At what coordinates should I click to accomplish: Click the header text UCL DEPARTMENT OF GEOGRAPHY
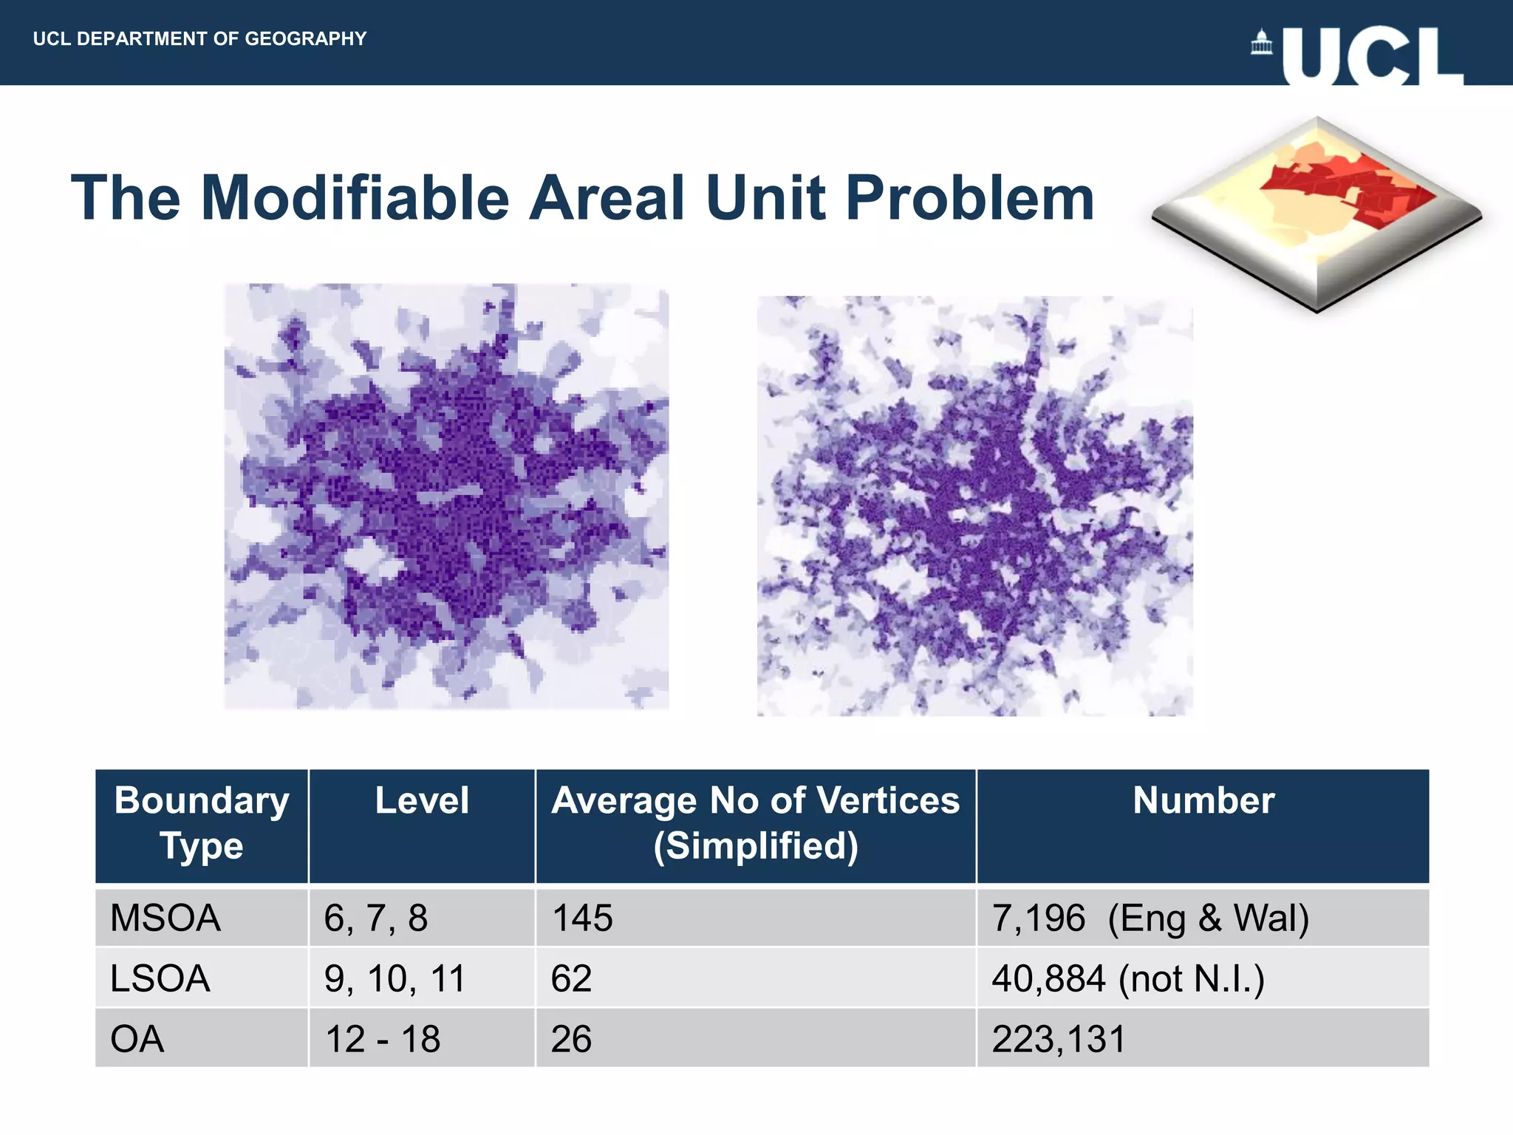[199, 38]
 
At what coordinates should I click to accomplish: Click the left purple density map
[446, 496]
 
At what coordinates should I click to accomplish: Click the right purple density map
[974, 505]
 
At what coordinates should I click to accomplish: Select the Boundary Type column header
[201, 823]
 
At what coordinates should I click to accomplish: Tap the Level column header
[421, 801]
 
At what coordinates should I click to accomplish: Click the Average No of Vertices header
[755, 823]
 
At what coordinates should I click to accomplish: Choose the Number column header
[1203, 801]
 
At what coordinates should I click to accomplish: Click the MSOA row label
[165, 918]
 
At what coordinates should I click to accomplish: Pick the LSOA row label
[160, 978]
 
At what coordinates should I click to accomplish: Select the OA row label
[137, 1039]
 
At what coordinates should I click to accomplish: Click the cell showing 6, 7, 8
[375, 918]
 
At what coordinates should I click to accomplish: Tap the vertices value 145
[582, 918]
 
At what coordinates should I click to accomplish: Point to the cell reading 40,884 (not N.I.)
[1127, 978]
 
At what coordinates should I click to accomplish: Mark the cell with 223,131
[1058, 1039]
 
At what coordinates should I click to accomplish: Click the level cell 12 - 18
[383, 1039]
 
